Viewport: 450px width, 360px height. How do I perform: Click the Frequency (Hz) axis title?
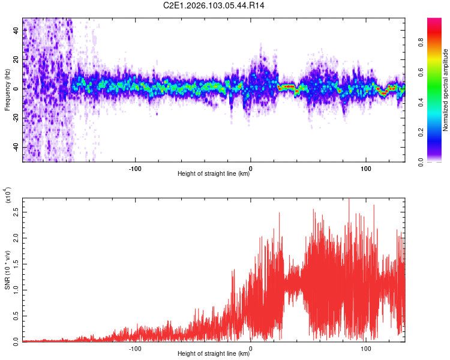[x=7, y=90]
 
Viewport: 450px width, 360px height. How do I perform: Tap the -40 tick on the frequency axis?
[x=16, y=148]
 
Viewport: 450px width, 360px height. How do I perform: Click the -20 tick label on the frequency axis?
[x=16, y=118]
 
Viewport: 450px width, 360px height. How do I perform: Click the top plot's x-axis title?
[x=214, y=174]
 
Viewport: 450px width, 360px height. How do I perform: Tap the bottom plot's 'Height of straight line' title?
[x=214, y=354]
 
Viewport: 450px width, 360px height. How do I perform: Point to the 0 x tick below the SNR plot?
[x=251, y=347]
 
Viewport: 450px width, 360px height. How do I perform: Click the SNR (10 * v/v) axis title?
[x=7, y=270]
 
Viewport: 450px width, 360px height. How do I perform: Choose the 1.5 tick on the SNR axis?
[x=15, y=263]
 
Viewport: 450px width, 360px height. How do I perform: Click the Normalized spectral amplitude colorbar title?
[x=445, y=90]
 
